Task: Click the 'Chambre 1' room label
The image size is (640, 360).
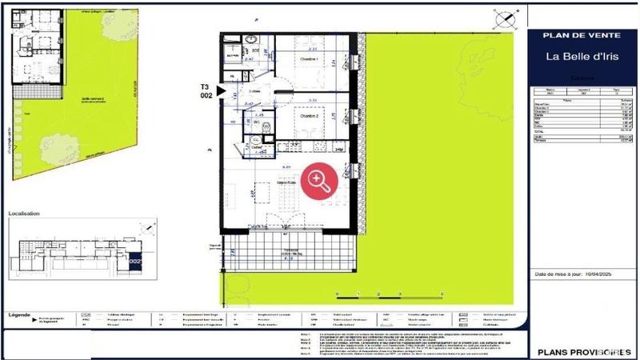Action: tap(309, 61)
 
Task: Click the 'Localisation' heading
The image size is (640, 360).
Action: tap(24, 214)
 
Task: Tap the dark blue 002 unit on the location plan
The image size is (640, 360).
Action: tap(134, 260)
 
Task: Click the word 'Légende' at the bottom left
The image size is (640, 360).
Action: tap(19, 314)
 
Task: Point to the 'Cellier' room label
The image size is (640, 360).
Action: tap(258, 148)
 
